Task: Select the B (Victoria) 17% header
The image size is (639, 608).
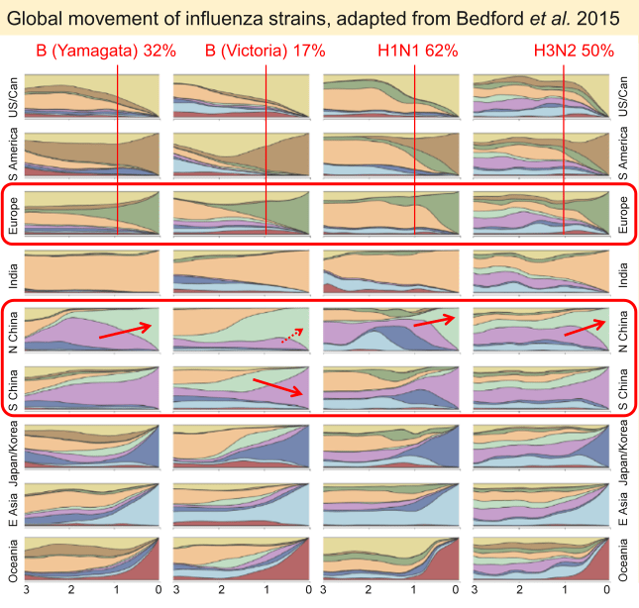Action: coord(265,51)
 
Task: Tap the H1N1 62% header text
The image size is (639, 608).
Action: coord(417,51)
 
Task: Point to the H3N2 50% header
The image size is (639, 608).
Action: coord(571,51)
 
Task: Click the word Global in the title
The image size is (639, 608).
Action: coord(34,17)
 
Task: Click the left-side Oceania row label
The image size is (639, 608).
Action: coord(12,559)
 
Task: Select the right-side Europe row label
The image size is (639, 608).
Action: coord(624,213)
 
